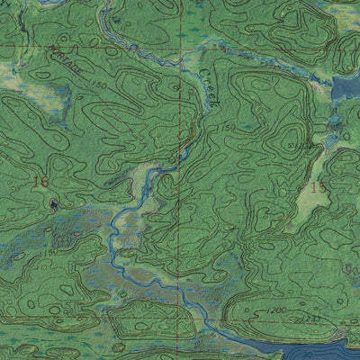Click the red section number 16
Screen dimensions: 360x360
point(39,182)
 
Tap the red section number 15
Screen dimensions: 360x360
point(317,187)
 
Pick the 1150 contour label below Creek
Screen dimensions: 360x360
point(225,130)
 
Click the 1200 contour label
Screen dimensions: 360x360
point(275,310)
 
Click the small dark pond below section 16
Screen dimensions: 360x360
point(55,204)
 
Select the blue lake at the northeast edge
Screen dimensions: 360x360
point(346,90)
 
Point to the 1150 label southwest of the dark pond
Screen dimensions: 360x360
point(45,253)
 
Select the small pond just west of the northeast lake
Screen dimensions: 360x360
point(334,120)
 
